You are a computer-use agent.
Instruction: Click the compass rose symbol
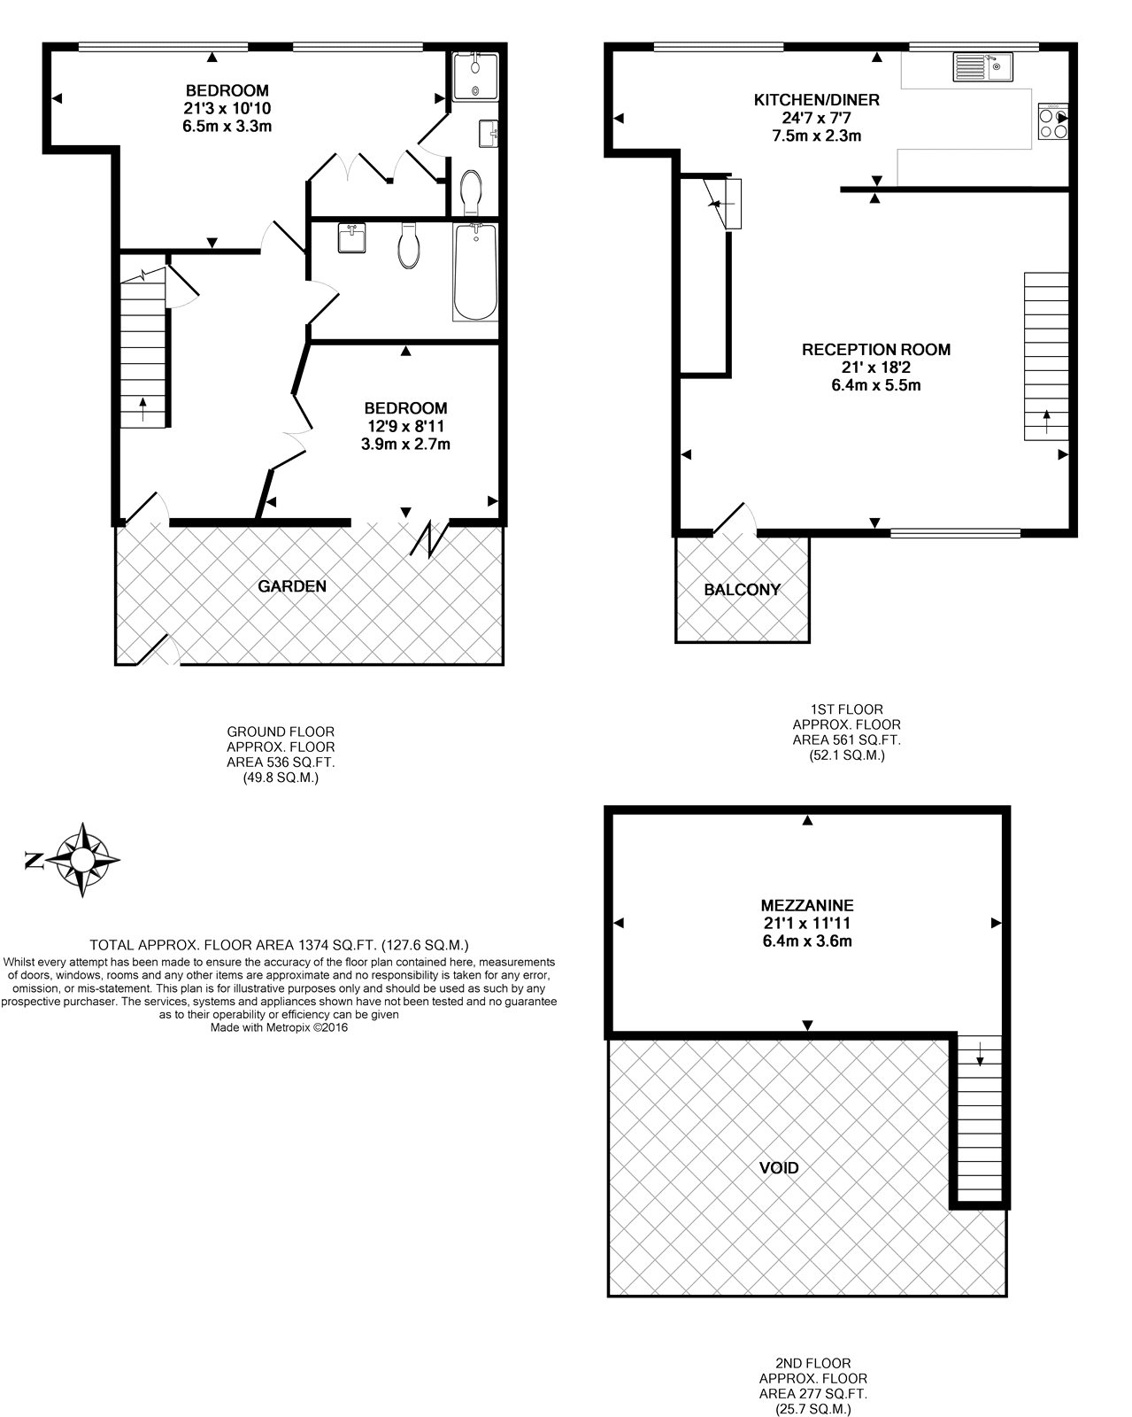tap(83, 860)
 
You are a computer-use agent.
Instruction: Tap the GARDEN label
tap(292, 586)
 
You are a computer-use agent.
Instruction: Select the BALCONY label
tap(742, 590)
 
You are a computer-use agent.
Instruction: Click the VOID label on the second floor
tap(779, 1167)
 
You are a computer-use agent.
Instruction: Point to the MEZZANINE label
tap(806, 905)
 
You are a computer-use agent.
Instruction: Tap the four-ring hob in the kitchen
tap(1053, 122)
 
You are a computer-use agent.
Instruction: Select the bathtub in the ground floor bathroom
tap(475, 272)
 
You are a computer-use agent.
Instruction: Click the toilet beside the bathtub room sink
tap(409, 245)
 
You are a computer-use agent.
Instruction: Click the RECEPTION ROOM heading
tap(875, 350)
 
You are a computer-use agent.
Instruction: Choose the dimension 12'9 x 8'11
tap(405, 426)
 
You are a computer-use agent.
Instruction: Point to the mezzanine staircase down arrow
tap(980, 1055)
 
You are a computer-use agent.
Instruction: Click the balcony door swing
tap(734, 520)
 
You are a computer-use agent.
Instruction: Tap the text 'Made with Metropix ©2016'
tap(279, 1028)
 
